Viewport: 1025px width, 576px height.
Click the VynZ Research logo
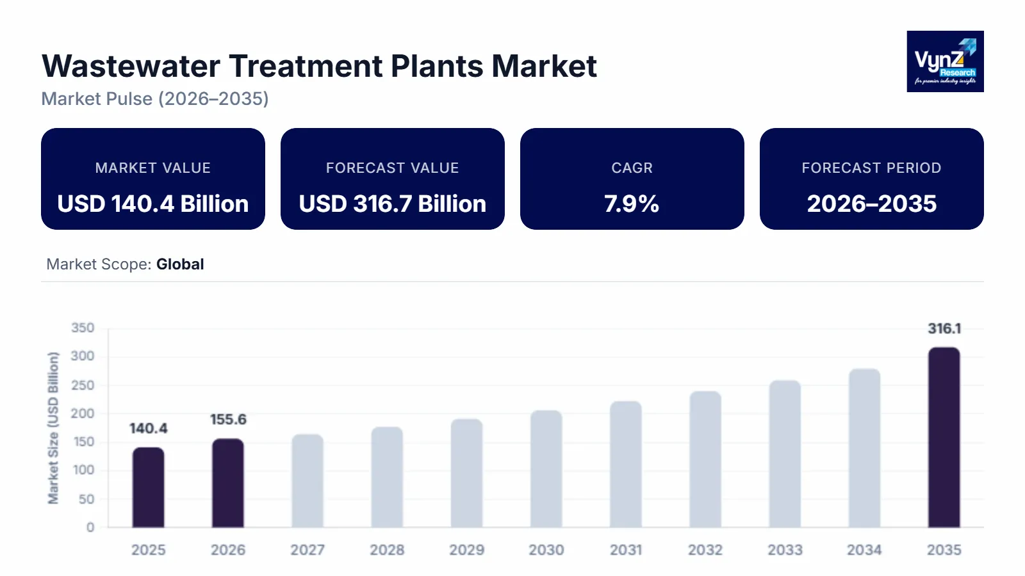(945, 61)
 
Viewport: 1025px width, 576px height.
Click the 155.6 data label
(228, 419)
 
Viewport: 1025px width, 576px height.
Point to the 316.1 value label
(944, 328)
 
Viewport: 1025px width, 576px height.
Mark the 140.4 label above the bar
(148, 428)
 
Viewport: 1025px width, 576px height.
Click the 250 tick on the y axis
(82, 385)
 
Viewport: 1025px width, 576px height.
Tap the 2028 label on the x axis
(387, 550)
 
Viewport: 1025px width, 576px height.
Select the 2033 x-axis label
(785, 550)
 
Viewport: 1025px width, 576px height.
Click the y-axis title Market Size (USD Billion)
(53, 428)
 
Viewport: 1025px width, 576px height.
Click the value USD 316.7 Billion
(392, 204)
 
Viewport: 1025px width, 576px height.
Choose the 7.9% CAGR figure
(632, 204)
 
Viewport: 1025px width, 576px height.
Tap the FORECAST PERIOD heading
(871, 168)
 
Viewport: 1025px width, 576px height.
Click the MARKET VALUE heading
(152, 168)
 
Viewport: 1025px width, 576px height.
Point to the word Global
(180, 264)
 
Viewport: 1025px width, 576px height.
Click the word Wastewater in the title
(131, 66)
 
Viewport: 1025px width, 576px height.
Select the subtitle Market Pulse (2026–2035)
(155, 99)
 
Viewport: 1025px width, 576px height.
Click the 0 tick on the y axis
(90, 527)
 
